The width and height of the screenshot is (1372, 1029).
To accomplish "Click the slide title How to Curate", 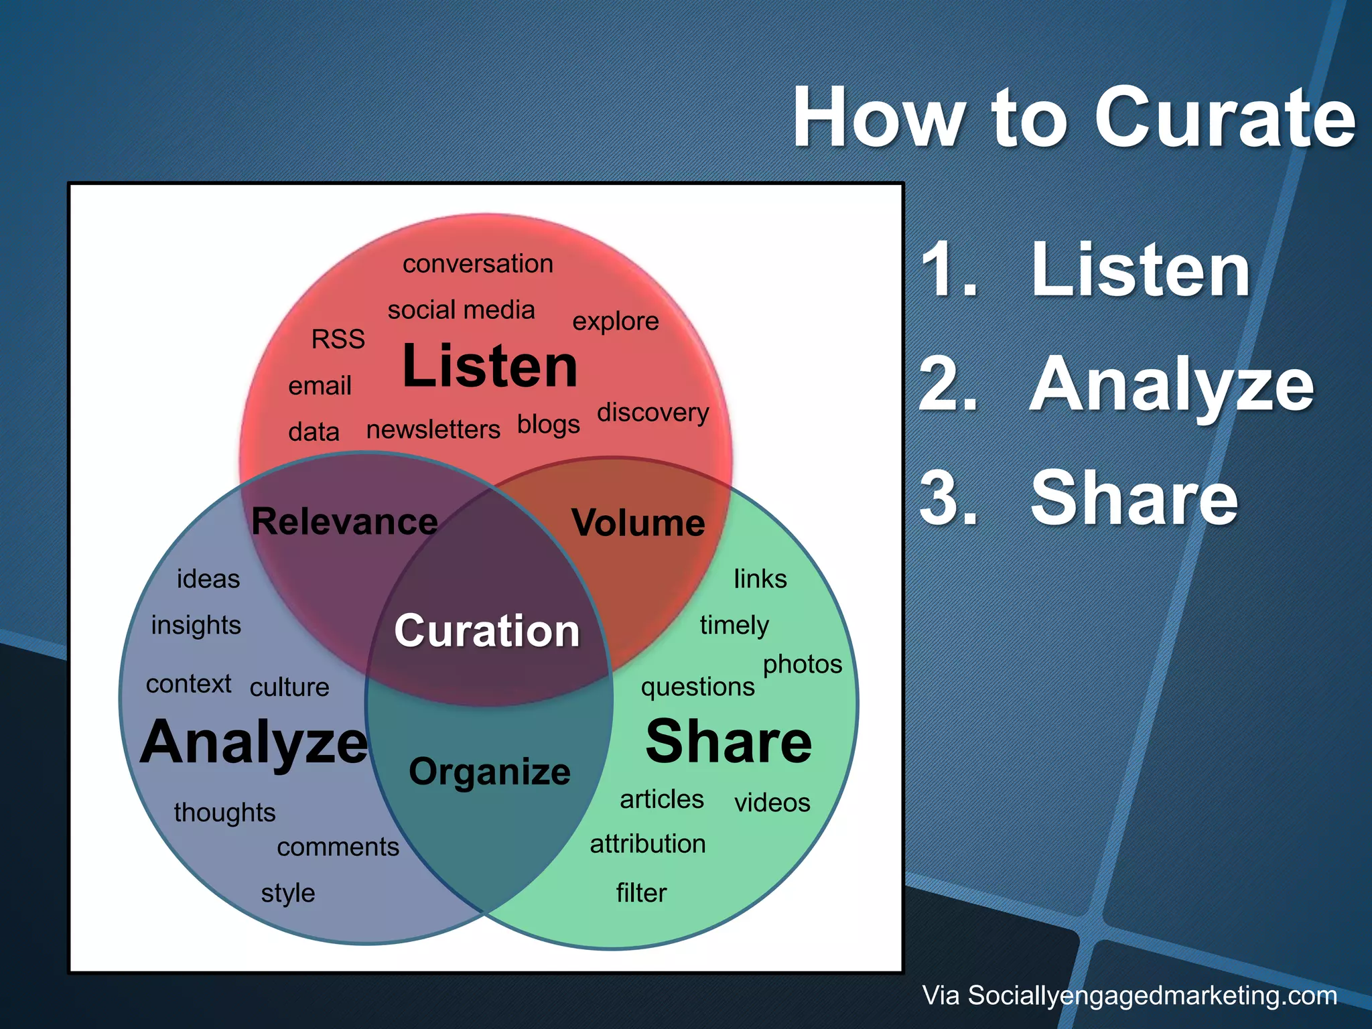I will click(1074, 119).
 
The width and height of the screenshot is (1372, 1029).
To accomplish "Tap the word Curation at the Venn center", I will click(487, 631).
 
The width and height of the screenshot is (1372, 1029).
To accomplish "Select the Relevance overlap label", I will click(344, 522).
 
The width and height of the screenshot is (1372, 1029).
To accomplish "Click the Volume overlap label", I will click(638, 523).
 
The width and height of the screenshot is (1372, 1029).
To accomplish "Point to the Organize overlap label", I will click(490, 772).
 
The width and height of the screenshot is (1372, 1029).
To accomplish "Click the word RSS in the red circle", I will click(338, 339).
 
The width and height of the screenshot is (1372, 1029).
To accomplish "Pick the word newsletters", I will click(433, 429).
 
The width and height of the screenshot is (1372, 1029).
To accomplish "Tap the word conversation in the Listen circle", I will click(478, 264).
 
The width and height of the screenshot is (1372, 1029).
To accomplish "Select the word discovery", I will click(653, 413).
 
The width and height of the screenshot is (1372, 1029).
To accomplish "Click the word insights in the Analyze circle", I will click(196, 625).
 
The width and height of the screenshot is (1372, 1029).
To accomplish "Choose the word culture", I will click(289, 687).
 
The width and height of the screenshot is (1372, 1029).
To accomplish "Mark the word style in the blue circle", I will click(288, 893).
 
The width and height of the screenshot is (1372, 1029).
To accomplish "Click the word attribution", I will click(648, 844).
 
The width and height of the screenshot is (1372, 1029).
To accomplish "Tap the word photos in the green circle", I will click(803, 665).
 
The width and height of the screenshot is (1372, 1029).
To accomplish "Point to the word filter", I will click(641, 893).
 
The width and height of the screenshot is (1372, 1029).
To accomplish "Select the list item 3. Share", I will click(1079, 499).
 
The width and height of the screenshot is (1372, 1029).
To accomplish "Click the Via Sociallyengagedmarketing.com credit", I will click(1129, 996).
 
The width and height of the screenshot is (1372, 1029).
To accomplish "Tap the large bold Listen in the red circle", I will click(490, 366).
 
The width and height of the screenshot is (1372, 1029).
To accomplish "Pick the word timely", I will click(734, 626).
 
